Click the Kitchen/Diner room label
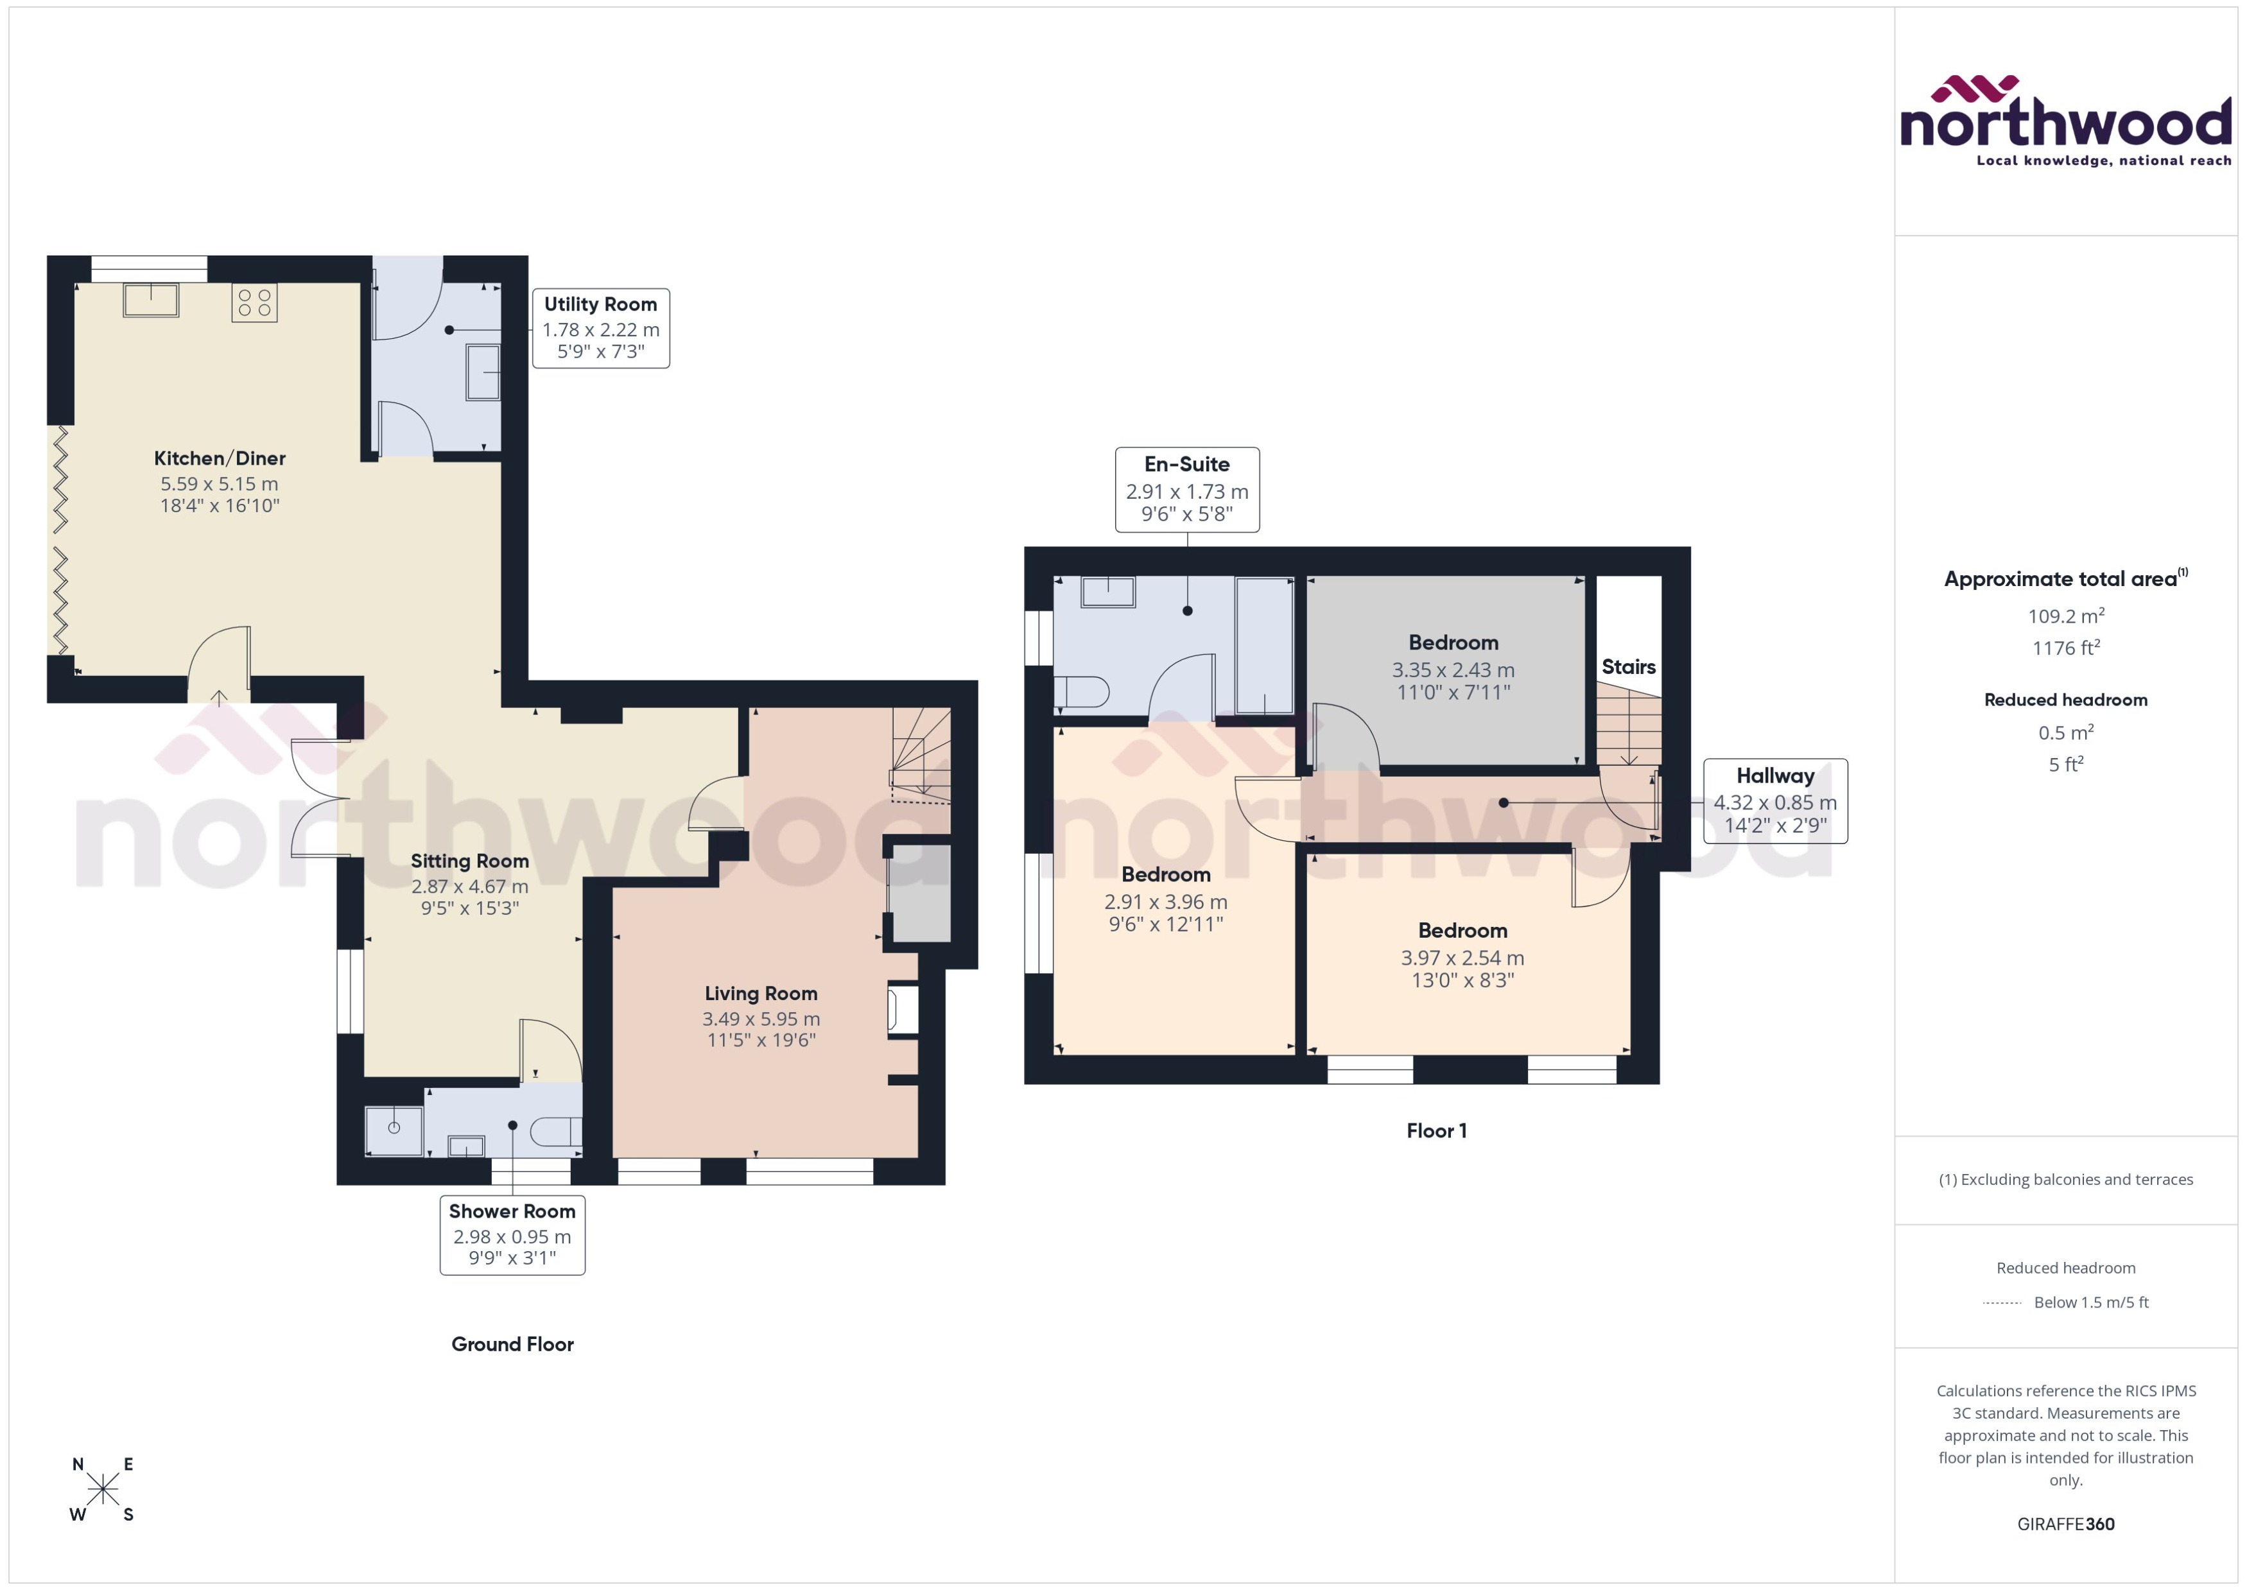(220, 458)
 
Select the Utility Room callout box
(600, 328)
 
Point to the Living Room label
(761, 994)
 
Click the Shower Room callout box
(512, 1234)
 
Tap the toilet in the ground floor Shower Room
(555, 1133)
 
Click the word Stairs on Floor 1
(1628, 668)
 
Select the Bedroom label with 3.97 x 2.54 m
(1462, 931)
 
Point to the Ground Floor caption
(512, 1344)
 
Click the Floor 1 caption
(1436, 1131)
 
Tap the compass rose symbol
(103, 1490)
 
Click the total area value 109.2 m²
(2065, 616)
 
